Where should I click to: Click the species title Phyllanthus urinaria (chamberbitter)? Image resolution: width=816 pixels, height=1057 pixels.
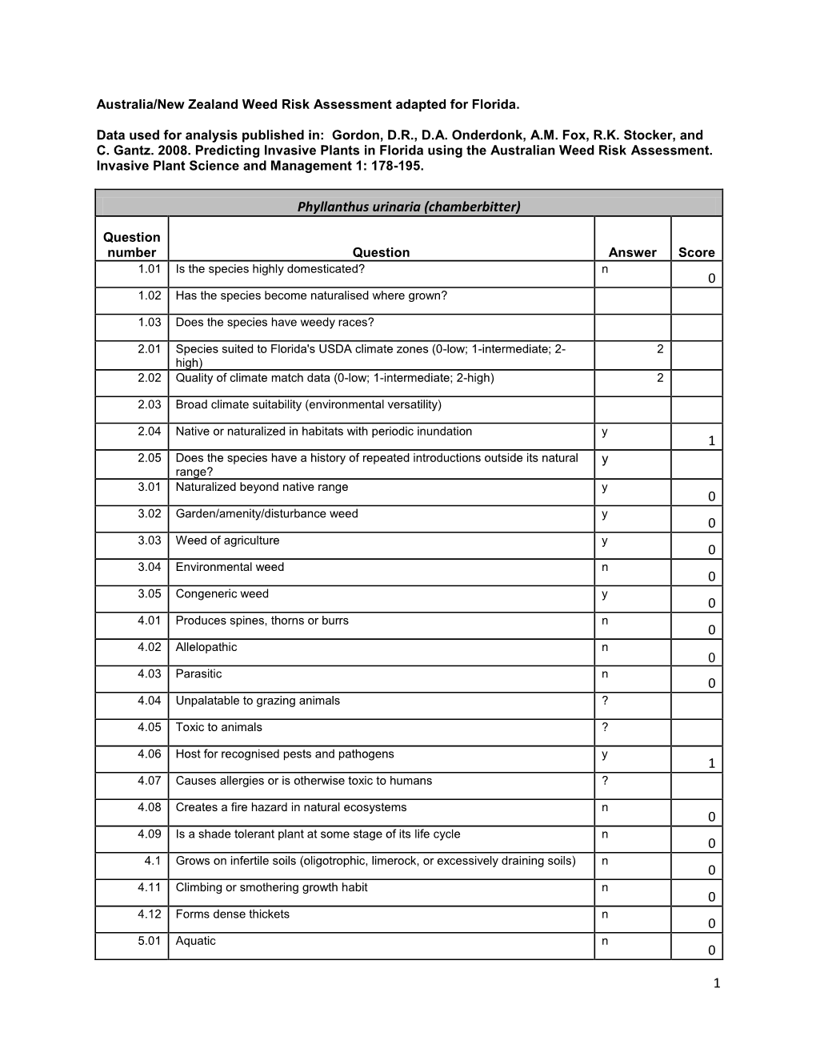(x=409, y=207)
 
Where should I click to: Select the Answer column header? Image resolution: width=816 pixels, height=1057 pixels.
(x=632, y=252)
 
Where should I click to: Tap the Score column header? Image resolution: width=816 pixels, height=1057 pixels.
(x=696, y=252)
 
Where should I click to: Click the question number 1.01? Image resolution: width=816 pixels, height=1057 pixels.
(x=150, y=269)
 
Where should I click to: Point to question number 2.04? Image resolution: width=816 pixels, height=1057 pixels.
(x=150, y=432)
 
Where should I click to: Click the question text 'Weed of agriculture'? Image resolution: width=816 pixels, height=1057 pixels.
(x=227, y=541)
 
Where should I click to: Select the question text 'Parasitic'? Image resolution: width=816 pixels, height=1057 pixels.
(x=198, y=674)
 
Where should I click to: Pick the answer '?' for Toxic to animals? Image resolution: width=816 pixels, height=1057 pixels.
(x=605, y=727)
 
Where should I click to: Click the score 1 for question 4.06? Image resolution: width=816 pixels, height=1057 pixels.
(x=711, y=764)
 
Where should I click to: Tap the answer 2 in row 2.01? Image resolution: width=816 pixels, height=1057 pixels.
(x=659, y=349)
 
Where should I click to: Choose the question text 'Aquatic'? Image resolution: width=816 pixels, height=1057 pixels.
(x=195, y=941)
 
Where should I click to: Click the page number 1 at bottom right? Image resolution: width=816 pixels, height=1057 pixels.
(x=717, y=983)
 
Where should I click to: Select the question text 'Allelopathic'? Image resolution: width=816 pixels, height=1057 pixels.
(x=206, y=647)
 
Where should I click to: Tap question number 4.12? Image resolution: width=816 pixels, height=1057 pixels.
(x=150, y=914)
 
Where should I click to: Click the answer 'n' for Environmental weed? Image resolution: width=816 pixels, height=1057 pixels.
(x=605, y=568)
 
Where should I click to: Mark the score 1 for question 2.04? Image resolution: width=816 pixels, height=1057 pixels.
(x=711, y=441)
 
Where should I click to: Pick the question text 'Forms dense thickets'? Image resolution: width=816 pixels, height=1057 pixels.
(x=232, y=914)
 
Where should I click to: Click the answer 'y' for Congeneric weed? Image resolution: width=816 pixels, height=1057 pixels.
(x=605, y=594)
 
